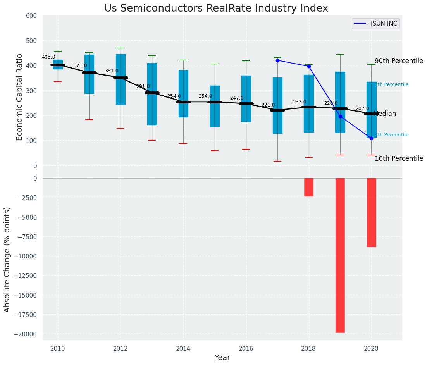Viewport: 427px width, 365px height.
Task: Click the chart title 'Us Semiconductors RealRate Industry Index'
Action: [216, 9]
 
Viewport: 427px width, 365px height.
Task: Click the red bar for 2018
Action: [309, 187]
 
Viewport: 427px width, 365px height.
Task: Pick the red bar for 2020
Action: [371, 212]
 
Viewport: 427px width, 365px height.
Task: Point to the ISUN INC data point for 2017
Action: [277, 60]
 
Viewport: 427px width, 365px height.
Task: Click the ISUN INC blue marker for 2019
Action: [340, 116]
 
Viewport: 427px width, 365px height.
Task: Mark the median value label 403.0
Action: [48, 57]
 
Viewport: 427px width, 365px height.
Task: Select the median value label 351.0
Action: [112, 71]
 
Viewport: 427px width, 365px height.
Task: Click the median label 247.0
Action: [237, 98]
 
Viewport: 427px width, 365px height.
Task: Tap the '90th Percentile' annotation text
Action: [399, 61]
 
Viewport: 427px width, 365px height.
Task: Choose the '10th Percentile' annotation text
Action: [399, 159]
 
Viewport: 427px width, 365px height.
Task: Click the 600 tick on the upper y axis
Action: [31, 16]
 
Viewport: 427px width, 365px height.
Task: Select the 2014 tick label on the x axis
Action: [183, 348]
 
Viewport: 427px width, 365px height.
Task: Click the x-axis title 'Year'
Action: [222, 358]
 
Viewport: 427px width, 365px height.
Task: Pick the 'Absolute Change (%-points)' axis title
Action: [7, 259]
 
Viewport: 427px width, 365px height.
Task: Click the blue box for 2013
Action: [152, 94]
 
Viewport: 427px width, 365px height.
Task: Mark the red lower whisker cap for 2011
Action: [89, 120]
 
